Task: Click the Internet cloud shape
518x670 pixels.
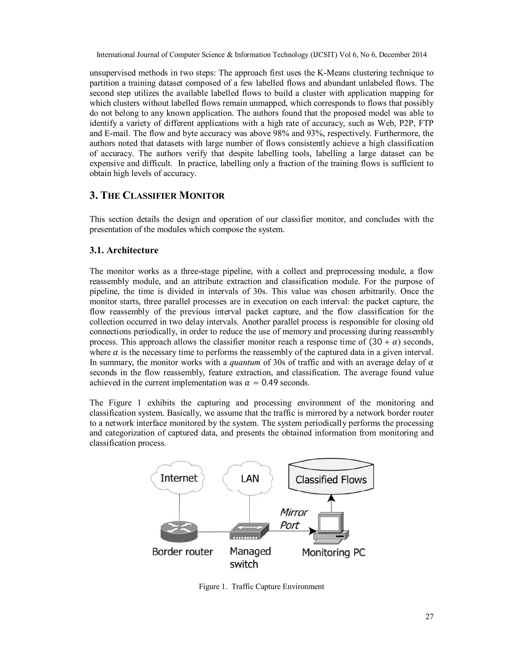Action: point(178,478)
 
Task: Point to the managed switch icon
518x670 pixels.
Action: point(249,531)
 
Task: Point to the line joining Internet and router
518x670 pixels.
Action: point(180,506)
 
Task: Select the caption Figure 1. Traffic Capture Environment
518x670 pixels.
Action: point(261,587)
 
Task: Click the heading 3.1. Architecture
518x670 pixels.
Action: point(124,250)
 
